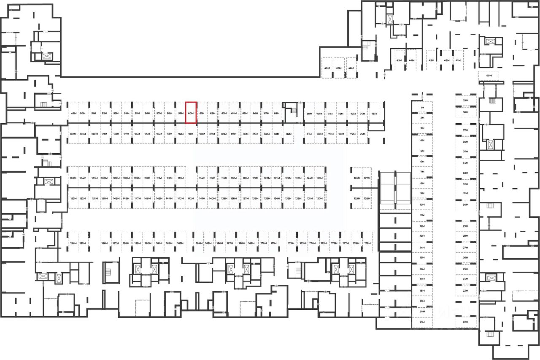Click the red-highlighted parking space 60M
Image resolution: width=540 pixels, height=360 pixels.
191,113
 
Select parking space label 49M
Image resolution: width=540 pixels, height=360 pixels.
73,114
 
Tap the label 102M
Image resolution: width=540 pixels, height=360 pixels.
73,134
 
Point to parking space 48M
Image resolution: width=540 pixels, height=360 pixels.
327,68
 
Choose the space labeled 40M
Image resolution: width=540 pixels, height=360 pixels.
489,76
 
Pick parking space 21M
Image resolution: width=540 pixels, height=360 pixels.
422,322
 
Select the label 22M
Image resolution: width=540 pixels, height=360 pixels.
466,322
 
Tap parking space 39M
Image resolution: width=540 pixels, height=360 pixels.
466,100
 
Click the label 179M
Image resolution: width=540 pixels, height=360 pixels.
367,244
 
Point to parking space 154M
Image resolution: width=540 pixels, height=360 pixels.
73,244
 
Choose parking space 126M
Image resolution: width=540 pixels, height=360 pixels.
357,178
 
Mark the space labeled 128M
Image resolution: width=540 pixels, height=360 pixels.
367,198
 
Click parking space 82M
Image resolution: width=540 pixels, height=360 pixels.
289,134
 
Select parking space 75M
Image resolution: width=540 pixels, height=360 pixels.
374,114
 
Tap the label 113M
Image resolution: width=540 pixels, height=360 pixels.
181,178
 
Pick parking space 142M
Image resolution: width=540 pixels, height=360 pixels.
191,198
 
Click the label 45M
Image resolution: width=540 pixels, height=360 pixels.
399,60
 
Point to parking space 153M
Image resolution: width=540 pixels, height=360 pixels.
73,198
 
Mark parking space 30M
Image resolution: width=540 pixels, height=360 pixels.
466,205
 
